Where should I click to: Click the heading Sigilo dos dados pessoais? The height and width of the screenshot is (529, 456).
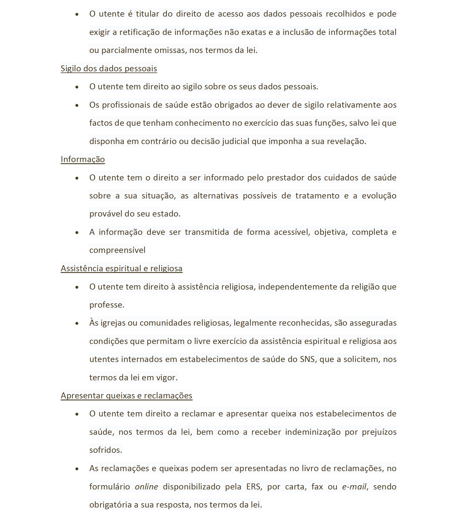(x=109, y=68)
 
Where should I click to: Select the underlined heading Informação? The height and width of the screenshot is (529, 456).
(x=83, y=159)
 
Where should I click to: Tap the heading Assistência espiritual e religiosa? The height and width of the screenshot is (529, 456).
(x=121, y=268)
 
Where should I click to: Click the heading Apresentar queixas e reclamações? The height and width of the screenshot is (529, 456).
(x=127, y=396)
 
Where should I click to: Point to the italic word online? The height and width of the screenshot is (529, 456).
(x=146, y=487)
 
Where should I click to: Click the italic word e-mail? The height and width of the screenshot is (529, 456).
(x=354, y=487)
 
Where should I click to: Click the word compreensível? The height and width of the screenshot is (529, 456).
(x=117, y=250)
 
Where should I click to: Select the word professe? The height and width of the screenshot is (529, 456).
(x=106, y=305)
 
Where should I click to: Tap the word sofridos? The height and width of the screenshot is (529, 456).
(x=105, y=450)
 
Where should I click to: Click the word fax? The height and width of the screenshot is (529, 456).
(x=317, y=487)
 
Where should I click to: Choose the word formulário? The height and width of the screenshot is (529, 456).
(x=110, y=487)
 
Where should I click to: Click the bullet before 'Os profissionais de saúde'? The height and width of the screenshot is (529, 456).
(x=77, y=105)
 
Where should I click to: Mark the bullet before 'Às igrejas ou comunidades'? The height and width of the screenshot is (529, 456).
(x=77, y=323)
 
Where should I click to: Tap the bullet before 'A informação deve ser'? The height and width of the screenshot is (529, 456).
(x=77, y=232)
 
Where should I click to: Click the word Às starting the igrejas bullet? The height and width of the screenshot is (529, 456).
(x=94, y=322)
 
